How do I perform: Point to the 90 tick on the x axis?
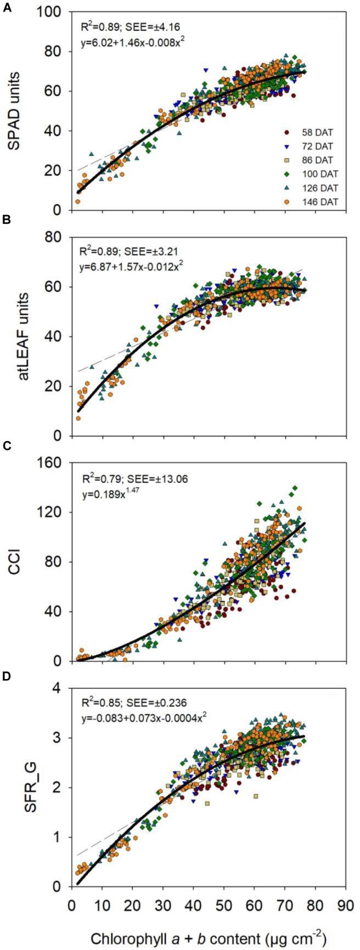pyautogui.click(x=343, y=901)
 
